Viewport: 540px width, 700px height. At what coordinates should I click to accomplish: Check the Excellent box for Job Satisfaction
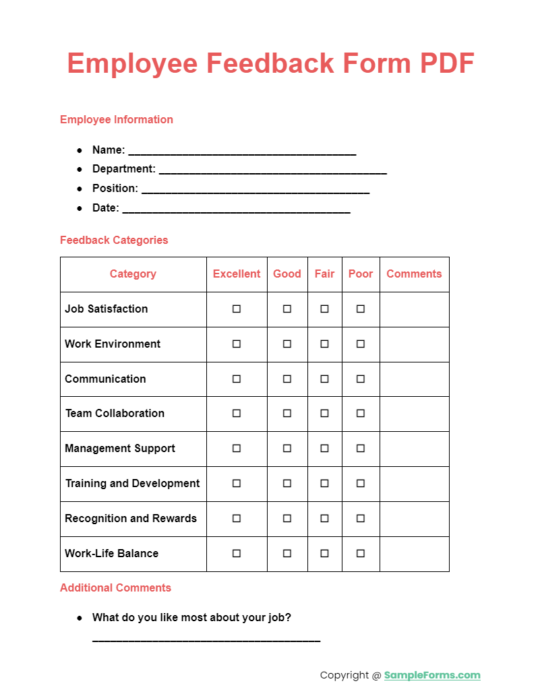[237, 309]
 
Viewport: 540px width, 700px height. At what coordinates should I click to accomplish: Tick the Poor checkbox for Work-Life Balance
[361, 554]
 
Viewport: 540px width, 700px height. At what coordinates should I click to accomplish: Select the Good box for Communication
[287, 379]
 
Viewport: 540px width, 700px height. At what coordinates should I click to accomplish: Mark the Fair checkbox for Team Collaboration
[324, 414]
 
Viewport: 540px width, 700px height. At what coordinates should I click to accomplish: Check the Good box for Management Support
[287, 449]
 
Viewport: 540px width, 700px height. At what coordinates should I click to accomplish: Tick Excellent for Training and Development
[237, 484]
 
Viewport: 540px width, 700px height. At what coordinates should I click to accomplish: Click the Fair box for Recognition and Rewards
[324, 519]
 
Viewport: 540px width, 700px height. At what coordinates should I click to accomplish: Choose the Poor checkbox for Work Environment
[361, 344]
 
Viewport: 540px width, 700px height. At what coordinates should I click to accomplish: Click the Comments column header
[414, 274]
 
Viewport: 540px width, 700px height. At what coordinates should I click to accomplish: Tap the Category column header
[133, 274]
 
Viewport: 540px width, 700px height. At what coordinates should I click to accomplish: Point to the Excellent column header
[237, 274]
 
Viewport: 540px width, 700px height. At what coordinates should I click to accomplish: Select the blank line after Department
[272, 171]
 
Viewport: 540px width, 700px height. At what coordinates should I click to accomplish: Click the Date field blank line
[236, 210]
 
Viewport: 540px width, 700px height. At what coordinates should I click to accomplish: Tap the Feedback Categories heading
[114, 241]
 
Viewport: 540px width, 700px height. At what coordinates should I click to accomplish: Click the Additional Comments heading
[115, 588]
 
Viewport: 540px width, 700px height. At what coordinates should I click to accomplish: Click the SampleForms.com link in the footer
[432, 675]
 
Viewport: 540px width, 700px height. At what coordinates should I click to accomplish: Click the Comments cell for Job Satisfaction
[414, 309]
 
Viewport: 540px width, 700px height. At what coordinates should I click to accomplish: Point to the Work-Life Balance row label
[112, 554]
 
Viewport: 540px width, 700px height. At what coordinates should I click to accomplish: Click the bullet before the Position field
[80, 189]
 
